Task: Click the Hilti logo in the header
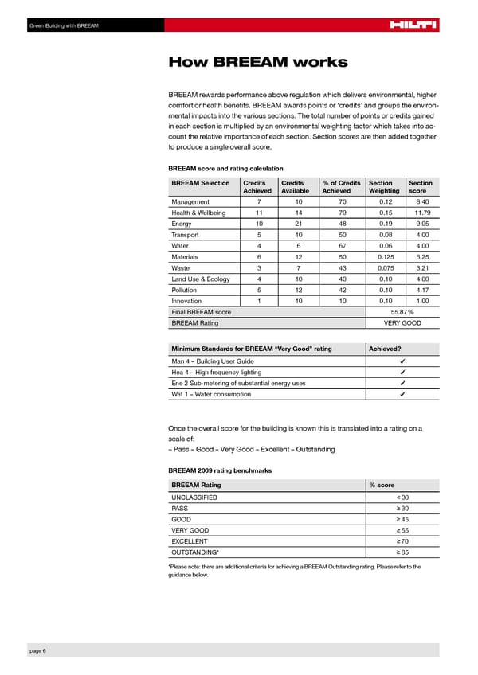coord(413,26)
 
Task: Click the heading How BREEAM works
coord(257,62)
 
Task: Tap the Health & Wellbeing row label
coord(198,213)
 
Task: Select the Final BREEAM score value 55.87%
coord(402,311)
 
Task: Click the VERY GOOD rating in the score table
coord(402,323)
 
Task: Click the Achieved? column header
coord(385,349)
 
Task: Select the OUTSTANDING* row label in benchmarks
coord(195,553)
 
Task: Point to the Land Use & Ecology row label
coord(201,279)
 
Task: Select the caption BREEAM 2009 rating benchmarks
coord(220,470)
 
